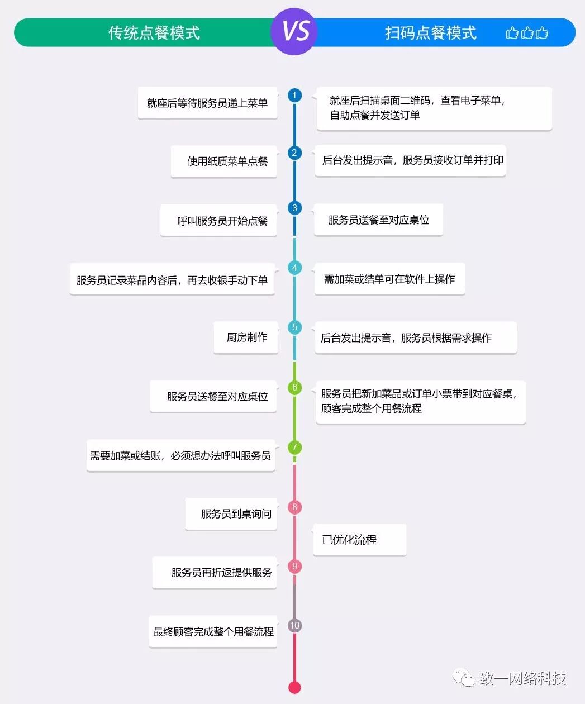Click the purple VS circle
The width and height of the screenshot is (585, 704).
tap(294, 31)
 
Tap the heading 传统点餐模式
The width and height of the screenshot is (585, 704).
tap(154, 32)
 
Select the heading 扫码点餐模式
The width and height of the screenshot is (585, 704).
tap(430, 33)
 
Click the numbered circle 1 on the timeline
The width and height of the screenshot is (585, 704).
tap(294, 95)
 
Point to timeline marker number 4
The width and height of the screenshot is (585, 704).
tap(294, 268)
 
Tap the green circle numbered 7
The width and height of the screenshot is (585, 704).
tap(294, 447)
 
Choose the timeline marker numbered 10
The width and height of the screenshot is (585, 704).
tap(294, 625)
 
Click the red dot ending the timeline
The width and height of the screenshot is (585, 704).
tap(294, 687)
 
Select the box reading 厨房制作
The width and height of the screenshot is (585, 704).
tap(246, 337)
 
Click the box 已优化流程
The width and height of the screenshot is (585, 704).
tap(359, 540)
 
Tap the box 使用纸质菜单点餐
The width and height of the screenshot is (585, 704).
tap(224, 161)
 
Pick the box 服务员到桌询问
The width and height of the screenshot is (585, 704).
tap(232, 514)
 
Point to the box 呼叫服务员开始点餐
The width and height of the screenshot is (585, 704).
tap(219, 221)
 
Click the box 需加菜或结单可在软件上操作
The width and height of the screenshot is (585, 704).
tap(389, 279)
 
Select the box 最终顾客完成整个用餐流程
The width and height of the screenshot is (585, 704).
tap(213, 632)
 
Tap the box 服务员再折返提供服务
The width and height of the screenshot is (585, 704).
tap(215, 573)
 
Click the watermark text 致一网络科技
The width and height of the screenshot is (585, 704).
tap(522, 678)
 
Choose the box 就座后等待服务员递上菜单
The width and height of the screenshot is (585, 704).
tap(208, 103)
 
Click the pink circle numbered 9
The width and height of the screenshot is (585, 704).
tap(294, 566)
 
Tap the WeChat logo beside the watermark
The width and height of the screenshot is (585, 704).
tap(464, 678)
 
